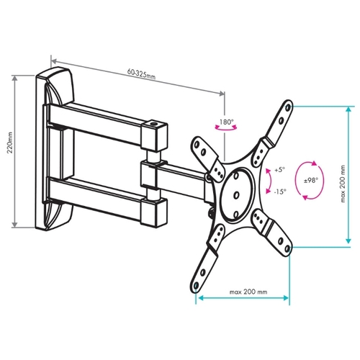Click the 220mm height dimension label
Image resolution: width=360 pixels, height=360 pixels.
10,143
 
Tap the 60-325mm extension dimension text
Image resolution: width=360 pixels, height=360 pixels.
141,74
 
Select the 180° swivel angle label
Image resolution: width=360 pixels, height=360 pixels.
226,122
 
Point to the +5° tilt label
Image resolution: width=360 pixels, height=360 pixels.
280,170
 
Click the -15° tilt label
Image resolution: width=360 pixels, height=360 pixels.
280,192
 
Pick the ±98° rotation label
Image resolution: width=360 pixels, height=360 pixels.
311,180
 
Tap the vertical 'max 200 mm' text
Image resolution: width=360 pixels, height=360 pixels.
343,184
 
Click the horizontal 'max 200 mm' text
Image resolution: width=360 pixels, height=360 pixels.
248,292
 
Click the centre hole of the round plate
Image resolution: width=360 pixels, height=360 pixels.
236,194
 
